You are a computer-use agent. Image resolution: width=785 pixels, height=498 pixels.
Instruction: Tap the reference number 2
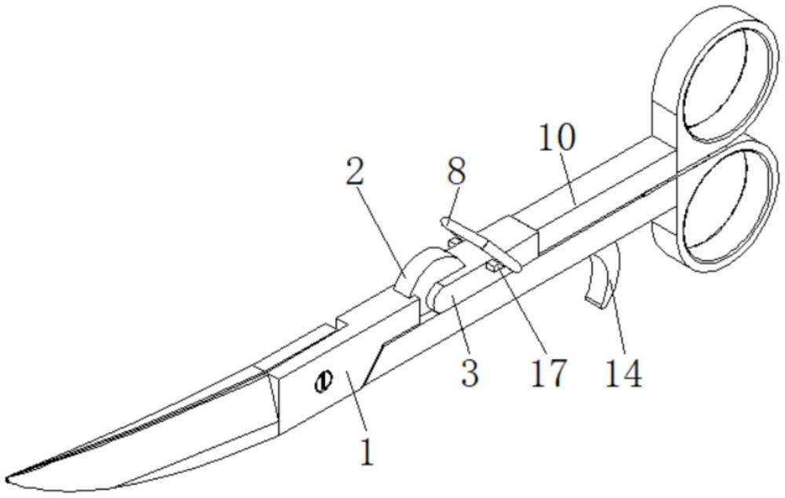(x=356, y=172)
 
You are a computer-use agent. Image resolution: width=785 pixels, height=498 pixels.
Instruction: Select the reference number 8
(x=457, y=170)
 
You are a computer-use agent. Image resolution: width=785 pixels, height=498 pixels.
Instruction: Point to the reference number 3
(x=469, y=372)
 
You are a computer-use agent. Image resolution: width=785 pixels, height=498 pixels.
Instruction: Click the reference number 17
(x=549, y=373)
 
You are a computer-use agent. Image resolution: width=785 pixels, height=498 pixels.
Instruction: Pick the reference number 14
(x=624, y=373)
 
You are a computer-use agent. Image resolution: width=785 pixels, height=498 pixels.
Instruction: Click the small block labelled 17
(x=494, y=265)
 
